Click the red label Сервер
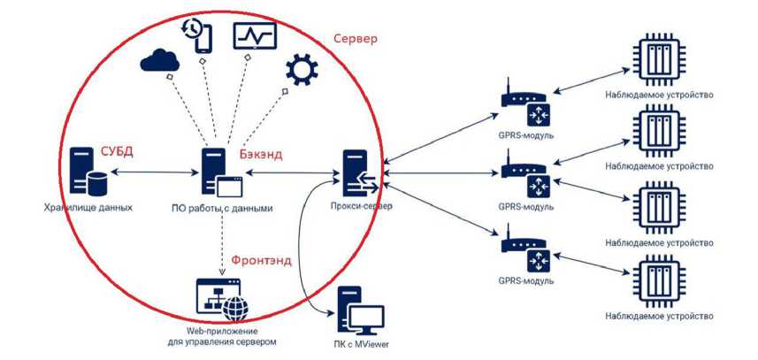pos(356,40)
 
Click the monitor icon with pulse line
pos(255,35)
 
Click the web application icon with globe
pos(221,299)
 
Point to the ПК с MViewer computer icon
pos(358,310)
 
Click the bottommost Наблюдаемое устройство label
pos(659,315)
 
